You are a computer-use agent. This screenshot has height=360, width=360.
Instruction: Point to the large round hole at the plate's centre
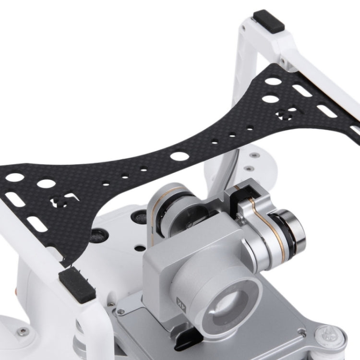pos(179,156)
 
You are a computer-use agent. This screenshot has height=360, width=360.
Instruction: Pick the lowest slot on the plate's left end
pos(37,224)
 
